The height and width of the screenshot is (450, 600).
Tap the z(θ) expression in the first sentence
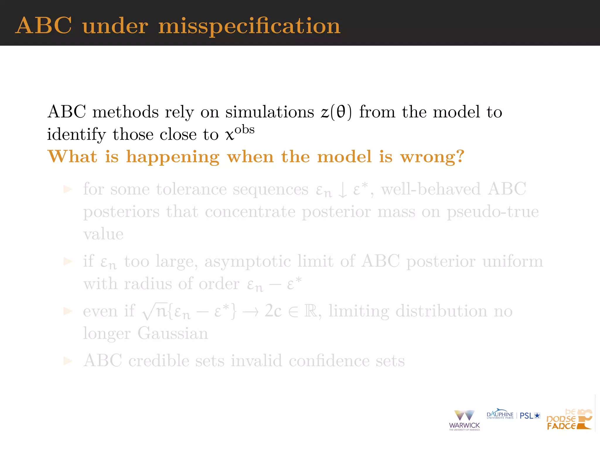pos(336,112)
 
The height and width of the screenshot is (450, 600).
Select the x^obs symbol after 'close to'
pos(240,133)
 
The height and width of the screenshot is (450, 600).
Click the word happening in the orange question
pos(173,157)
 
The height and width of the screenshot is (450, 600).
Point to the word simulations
pos(270,112)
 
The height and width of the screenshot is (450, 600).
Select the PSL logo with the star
pos(530,416)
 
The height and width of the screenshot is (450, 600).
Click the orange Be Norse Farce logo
pos(569,420)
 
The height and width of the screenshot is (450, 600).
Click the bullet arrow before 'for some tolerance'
pos(68,190)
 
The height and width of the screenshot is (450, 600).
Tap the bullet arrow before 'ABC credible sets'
pos(68,361)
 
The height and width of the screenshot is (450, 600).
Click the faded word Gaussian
pos(173,334)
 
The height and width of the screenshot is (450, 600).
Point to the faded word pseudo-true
pos(492,212)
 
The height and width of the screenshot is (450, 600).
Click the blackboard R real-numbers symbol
pos(311,311)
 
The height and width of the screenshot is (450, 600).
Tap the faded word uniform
pos(513,261)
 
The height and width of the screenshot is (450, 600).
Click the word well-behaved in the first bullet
pos(431,189)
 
